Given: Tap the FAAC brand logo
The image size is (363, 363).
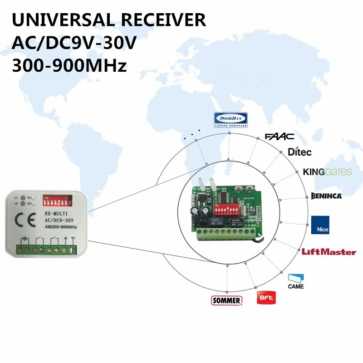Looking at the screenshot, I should (280, 136).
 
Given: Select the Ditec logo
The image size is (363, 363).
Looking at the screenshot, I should (299, 152).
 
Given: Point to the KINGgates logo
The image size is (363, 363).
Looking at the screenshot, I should (327, 172).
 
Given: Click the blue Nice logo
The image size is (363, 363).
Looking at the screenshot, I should (320, 226).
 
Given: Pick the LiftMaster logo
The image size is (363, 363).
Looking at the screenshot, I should (329, 252).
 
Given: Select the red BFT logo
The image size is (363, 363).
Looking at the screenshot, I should (266, 298).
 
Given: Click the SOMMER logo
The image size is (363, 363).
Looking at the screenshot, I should (226, 300).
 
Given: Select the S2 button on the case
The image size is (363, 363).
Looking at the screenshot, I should (35, 204).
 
